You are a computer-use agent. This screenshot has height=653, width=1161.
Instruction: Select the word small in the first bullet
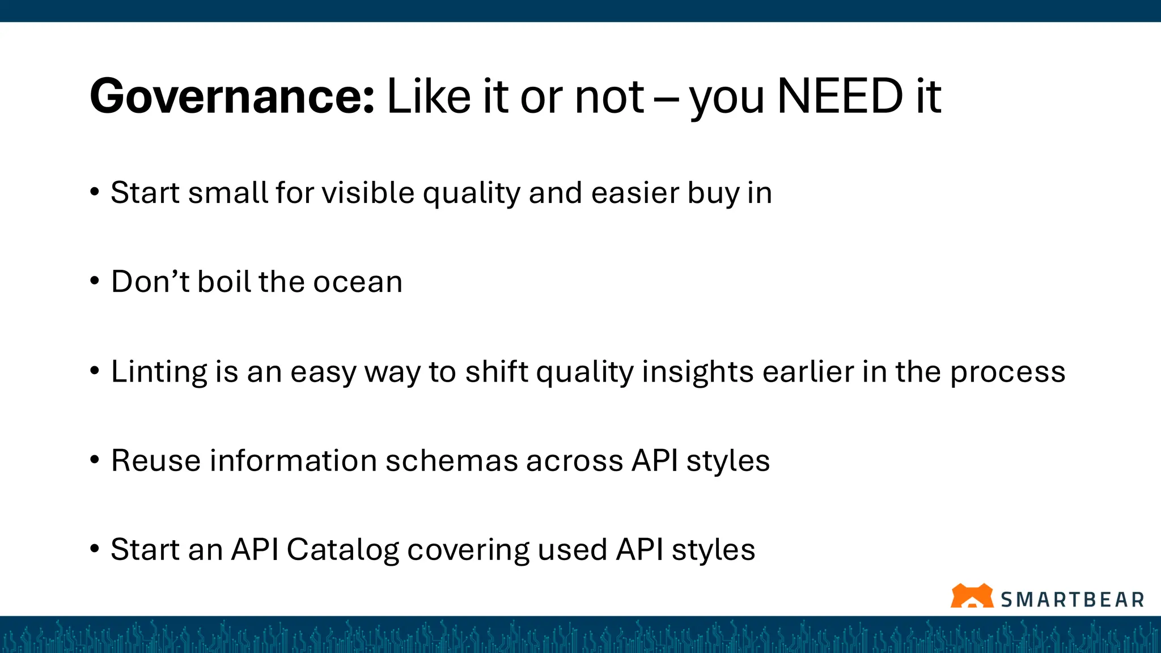228,193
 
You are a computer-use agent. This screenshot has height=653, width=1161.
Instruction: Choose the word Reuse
156,460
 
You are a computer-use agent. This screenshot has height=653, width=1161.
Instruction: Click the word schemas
451,460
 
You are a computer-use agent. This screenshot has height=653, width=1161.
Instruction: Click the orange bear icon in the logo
972,596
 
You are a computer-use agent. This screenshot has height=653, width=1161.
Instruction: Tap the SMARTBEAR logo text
1072,600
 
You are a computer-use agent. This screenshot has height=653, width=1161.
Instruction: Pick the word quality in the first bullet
471,194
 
